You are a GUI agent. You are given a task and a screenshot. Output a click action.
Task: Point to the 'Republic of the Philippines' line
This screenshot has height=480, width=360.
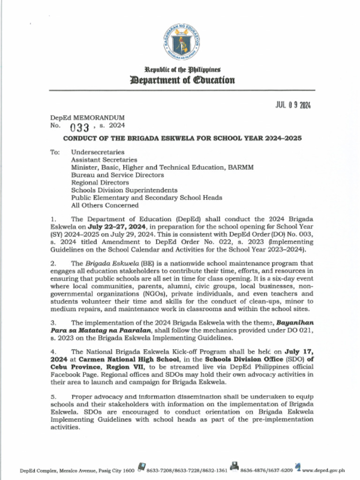[182, 69]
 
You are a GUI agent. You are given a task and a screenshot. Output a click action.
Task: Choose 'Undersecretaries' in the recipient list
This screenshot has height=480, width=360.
[97, 152]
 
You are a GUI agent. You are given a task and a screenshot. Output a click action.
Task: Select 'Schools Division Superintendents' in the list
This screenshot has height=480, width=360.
[124, 190]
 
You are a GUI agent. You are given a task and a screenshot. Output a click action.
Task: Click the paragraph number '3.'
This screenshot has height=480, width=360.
[53, 322]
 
